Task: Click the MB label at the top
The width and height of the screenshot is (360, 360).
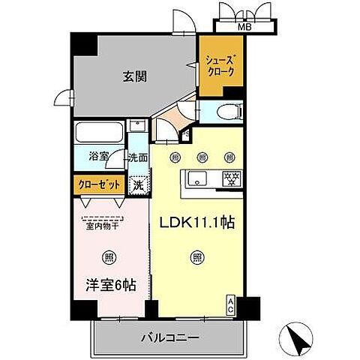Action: (x=244, y=28)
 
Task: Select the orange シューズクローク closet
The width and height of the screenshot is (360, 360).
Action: (x=220, y=66)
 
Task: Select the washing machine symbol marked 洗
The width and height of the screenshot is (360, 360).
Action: (x=137, y=183)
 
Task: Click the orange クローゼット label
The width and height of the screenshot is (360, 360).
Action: (x=97, y=183)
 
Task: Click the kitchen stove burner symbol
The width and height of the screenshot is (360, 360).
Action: (x=233, y=178)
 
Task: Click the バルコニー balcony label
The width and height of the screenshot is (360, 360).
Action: (x=169, y=338)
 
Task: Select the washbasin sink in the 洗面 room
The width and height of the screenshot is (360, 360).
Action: (x=136, y=127)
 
